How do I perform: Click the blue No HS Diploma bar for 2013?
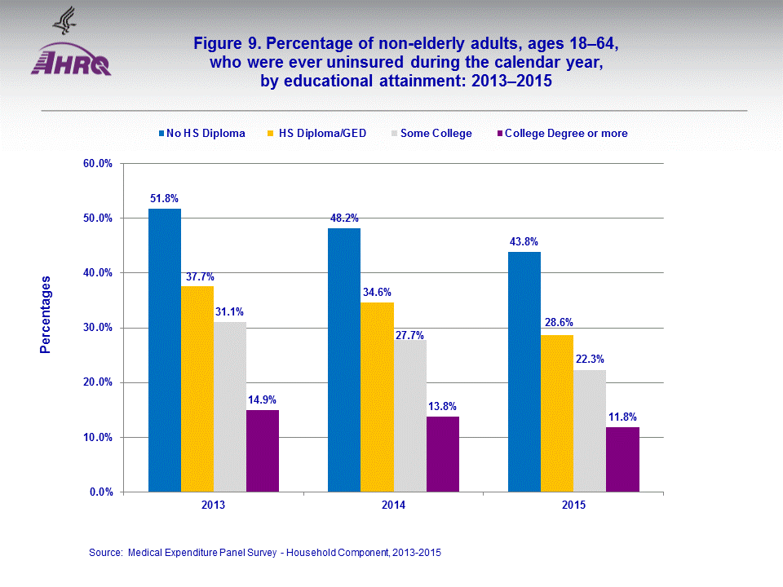pos(164,351)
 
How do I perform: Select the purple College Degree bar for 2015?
pos(622,460)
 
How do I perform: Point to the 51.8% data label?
pos(164,198)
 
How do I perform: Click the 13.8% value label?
pos(442,406)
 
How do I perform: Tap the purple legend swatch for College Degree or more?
pos(499,133)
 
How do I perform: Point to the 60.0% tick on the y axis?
pos(98,163)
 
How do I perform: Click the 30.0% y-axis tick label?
pos(98,328)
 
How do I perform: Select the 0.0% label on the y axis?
pos(100,492)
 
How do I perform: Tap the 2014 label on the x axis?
pos(393,505)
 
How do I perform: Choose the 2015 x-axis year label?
pos(573,505)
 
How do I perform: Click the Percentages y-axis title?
pos(46,315)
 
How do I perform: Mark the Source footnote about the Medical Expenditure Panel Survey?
pos(265,552)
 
